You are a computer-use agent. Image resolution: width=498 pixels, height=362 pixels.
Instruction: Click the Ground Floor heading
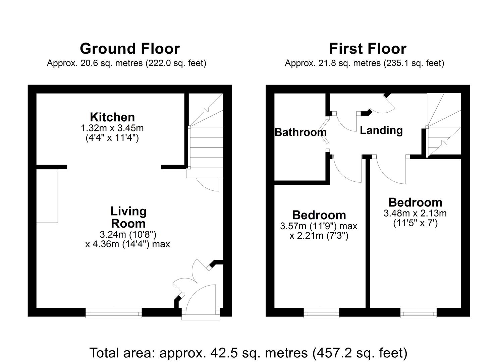129,49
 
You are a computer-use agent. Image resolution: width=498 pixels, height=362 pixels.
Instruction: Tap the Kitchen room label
112,117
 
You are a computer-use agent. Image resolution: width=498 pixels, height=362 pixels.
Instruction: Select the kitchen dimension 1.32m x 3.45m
112,128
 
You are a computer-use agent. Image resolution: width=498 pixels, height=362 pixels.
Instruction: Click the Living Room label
128,217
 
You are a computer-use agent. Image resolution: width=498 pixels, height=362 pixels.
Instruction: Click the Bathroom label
300,132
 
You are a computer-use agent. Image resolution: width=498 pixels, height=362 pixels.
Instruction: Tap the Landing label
381,130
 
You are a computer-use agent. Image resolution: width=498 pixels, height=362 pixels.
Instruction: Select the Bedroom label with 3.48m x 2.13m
415,202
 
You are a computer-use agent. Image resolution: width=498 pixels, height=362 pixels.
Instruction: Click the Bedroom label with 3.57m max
319,215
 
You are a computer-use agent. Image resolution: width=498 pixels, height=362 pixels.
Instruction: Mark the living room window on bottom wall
113,313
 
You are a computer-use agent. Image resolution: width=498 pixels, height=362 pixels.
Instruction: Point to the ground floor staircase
206,141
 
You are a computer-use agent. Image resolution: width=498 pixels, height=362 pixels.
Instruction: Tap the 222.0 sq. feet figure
176,63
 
